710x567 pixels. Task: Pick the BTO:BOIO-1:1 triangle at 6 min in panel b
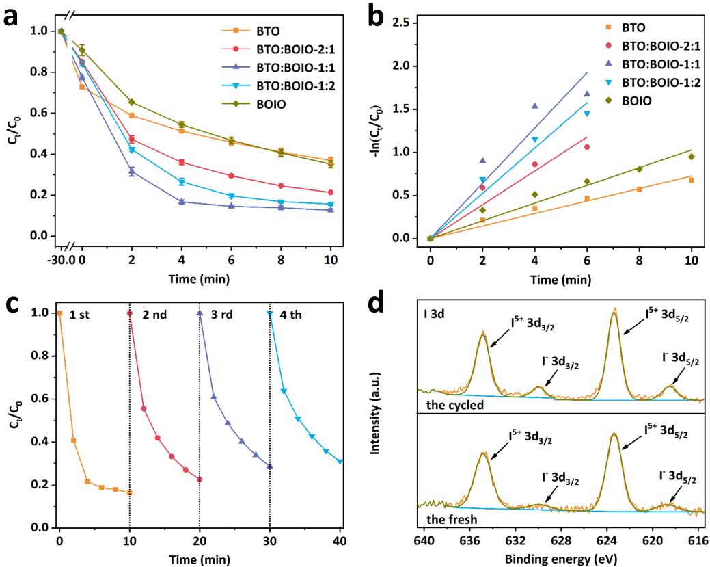586,94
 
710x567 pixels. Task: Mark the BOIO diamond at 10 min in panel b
692,157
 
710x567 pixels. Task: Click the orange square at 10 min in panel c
130,492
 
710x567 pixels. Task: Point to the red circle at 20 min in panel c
200,479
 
